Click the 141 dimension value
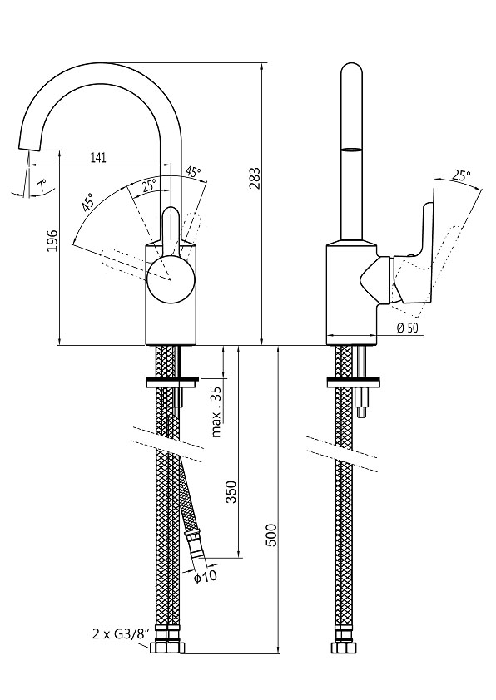pyautogui.click(x=98, y=157)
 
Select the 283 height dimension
pyautogui.click(x=254, y=178)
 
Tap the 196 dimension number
pyautogui.click(x=52, y=240)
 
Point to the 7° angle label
pyautogui.click(x=42, y=185)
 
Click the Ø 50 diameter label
pyautogui.click(x=407, y=328)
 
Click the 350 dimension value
pyautogui.click(x=231, y=492)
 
